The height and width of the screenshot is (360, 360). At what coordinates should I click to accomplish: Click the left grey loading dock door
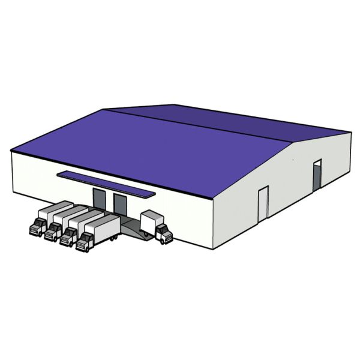[x=99, y=199]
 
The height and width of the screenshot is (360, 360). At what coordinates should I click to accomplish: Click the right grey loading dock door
[x=120, y=204]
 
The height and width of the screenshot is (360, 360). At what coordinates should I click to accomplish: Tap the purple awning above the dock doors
[x=104, y=182]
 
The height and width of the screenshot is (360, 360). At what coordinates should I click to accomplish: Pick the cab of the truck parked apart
[x=163, y=233]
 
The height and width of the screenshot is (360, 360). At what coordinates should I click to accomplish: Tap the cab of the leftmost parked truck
[x=38, y=226]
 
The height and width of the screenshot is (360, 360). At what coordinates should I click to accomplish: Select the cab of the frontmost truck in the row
[x=85, y=241]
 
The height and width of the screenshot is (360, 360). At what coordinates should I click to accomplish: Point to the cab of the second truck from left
[x=53, y=231]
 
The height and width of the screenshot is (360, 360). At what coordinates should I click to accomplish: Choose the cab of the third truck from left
[x=68, y=236]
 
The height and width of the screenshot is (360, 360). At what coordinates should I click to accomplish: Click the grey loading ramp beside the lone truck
[x=132, y=228]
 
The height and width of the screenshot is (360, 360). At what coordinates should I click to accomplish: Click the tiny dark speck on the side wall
[x=293, y=160]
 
